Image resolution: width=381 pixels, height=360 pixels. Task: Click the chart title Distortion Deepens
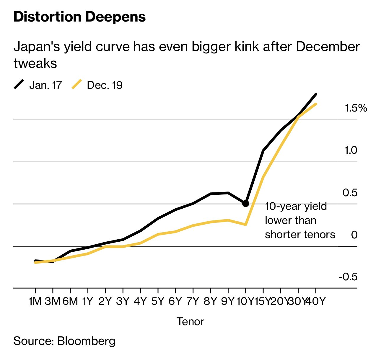[79, 17]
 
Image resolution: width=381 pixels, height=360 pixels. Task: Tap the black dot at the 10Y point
[245, 203]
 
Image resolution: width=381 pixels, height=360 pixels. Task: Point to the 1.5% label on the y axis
[356, 108]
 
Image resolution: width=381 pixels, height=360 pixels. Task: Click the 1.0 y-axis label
[351, 150]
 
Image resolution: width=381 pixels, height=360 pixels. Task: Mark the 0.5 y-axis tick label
[350, 193]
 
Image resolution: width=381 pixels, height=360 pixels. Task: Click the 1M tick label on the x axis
[35, 301]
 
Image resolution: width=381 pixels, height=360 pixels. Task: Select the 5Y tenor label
[157, 301]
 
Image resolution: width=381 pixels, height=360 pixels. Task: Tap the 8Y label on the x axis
[210, 301]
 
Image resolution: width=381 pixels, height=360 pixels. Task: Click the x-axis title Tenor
[190, 321]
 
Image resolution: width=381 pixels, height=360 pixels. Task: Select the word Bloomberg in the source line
[86, 341]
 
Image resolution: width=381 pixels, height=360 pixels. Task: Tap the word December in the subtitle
[328, 47]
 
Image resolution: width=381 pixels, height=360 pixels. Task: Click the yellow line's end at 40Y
[316, 104]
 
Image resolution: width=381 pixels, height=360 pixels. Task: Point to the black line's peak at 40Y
[316, 94]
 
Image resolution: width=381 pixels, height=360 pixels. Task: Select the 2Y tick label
[105, 301]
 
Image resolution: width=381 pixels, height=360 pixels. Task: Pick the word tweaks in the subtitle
[35, 63]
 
